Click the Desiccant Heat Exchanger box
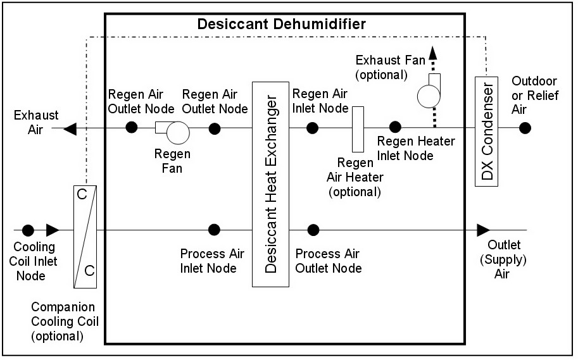click(270, 184)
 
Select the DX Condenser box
click(486, 131)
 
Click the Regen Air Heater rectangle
click(358, 129)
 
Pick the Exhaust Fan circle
click(429, 96)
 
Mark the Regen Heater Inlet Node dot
click(395, 127)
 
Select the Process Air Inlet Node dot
click(215, 229)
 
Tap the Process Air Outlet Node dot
click(312, 229)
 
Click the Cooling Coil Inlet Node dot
click(28, 229)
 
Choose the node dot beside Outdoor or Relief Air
click(525, 128)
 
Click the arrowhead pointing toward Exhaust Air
click(70, 128)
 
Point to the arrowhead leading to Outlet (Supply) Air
click(484, 229)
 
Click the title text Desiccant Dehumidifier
click(282, 25)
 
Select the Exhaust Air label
click(37, 122)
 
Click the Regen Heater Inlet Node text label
click(415, 148)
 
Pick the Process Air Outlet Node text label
click(329, 261)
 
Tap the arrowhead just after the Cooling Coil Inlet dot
click(53, 229)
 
